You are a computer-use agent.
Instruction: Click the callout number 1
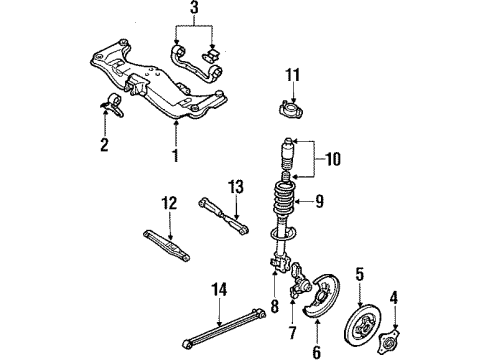tap(175, 156)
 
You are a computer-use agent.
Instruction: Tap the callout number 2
tap(104, 144)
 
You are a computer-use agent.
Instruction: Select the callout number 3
tap(194, 8)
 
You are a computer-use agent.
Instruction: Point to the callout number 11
tap(292, 75)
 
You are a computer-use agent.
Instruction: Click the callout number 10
tap(333, 159)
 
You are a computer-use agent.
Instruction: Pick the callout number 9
tap(319, 201)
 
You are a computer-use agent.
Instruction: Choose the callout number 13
tap(236, 187)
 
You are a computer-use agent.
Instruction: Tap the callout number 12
tap(169, 203)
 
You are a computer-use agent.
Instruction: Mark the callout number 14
tap(219, 289)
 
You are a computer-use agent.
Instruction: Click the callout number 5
tap(360, 274)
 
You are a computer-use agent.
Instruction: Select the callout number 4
tap(394, 298)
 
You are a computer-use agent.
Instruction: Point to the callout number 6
tap(316, 352)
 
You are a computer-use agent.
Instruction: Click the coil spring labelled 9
tap(284, 200)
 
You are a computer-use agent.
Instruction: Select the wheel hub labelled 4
tap(389, 342)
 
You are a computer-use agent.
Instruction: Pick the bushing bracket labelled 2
tap(113, 104)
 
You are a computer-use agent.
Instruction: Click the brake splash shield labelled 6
tap(322, 296)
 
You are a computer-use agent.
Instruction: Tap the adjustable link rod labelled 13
tap(224, 216)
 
